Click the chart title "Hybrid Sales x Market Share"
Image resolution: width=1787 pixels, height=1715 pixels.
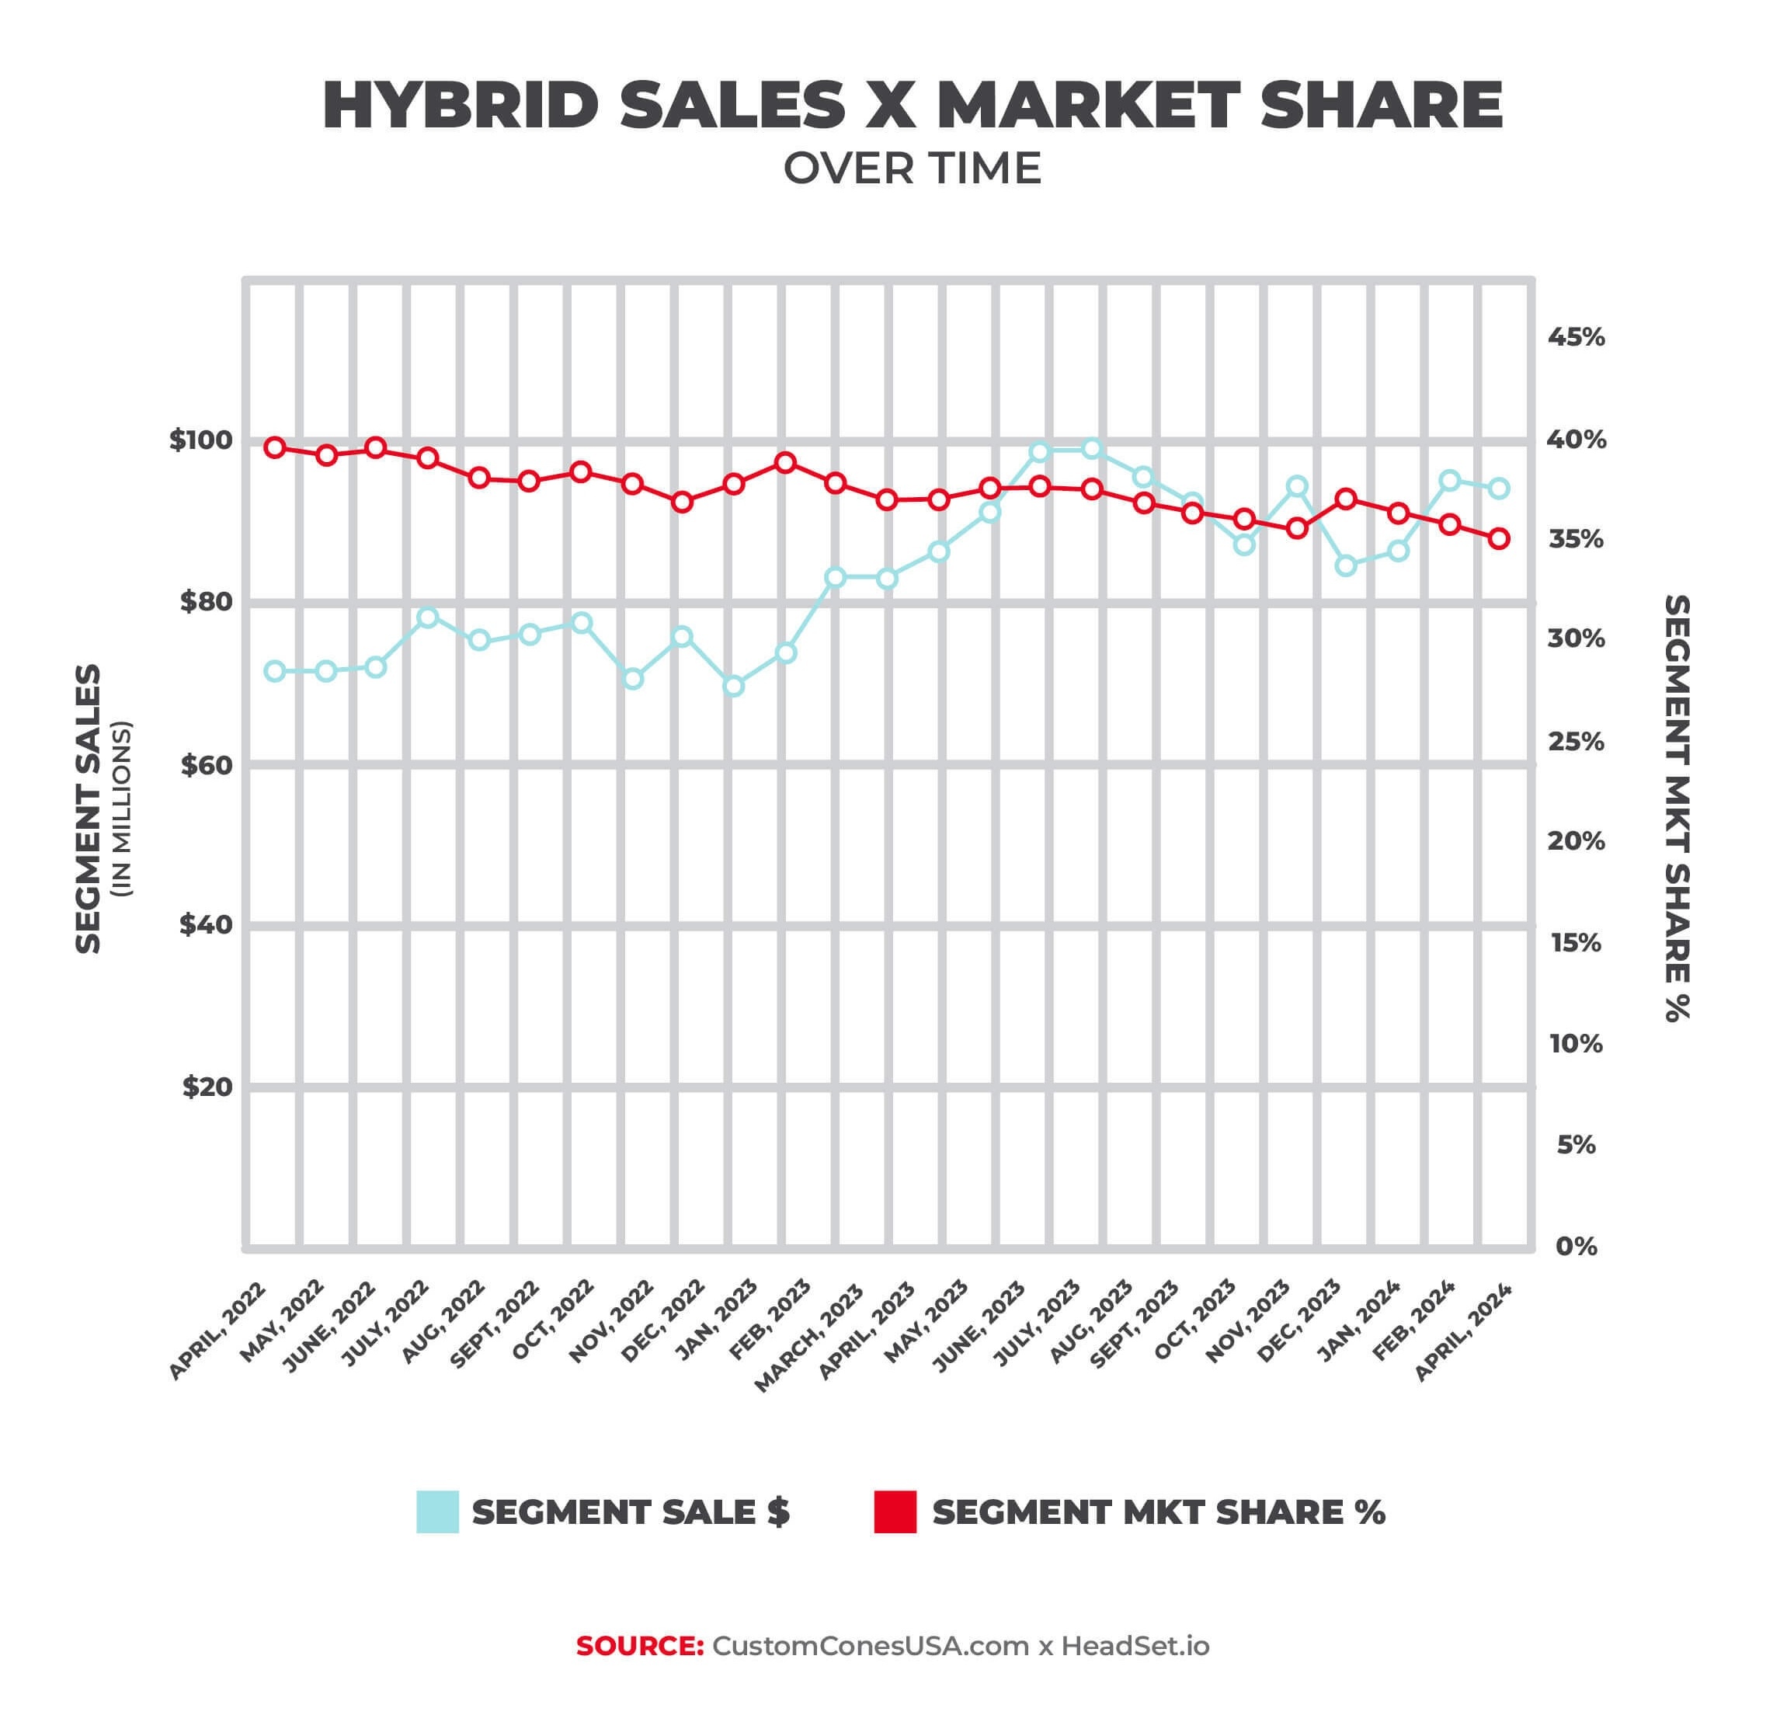click(x=912, y=106)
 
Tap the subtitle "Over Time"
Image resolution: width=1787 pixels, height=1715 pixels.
click(x=912, y=169)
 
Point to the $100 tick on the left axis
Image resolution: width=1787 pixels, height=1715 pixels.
click(x=200, y=440)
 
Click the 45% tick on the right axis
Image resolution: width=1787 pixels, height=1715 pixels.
click(x=1576, y=337)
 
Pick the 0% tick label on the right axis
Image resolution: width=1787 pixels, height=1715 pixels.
click(x=1576, y=1247)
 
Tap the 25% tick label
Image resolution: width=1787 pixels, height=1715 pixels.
click(x=1576, y=743)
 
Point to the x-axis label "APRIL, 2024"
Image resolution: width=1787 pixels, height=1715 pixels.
click(x=1464, y=1331)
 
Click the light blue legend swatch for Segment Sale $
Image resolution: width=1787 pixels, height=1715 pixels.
click(x=438, y=1511)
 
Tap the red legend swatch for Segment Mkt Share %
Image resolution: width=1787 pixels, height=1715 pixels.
click(x=895, y=1511)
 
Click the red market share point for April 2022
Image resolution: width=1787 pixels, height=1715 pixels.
click(x=274, y=447)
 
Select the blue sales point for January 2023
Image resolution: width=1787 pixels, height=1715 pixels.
click(x=734, y=686)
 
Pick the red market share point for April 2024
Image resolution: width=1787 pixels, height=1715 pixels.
click(x=1499, y=539)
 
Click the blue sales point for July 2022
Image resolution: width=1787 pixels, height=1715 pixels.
click(x=428, y=617)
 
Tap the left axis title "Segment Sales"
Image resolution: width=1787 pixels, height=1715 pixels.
click(x=89, y=809)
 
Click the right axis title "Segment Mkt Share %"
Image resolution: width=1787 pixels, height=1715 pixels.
click(x=1677, y=809)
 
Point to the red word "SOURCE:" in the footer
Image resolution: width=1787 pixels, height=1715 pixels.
click(x=640, y=1646)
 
